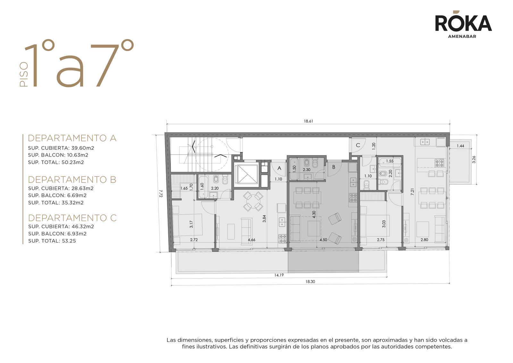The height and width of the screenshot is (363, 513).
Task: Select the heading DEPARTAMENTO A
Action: [72, 138]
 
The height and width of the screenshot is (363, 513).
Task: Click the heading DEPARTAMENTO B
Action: [72, 180]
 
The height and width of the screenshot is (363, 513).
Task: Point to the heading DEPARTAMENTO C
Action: [72, 218]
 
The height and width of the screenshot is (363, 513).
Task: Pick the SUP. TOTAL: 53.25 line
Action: [52, 241]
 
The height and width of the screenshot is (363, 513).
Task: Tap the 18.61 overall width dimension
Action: [308, 121]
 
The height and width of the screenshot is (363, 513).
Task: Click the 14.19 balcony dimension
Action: [279, 275]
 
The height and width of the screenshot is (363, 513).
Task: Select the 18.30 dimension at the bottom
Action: [310, 282]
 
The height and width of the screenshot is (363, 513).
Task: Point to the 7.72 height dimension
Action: [161, 193]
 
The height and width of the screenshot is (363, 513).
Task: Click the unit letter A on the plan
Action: [279, 168]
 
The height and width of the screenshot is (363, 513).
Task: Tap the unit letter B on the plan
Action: [334, 167]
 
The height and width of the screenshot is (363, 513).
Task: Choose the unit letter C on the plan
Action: [358, 145]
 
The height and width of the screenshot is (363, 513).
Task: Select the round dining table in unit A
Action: [253, 201]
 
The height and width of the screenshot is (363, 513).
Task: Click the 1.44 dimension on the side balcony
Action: [460, 146]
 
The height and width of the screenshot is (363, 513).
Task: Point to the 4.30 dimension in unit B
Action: [314, 214]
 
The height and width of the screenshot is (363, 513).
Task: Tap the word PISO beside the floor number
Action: [24, 75]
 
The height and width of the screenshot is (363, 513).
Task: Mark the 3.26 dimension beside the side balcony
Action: [474, 159]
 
